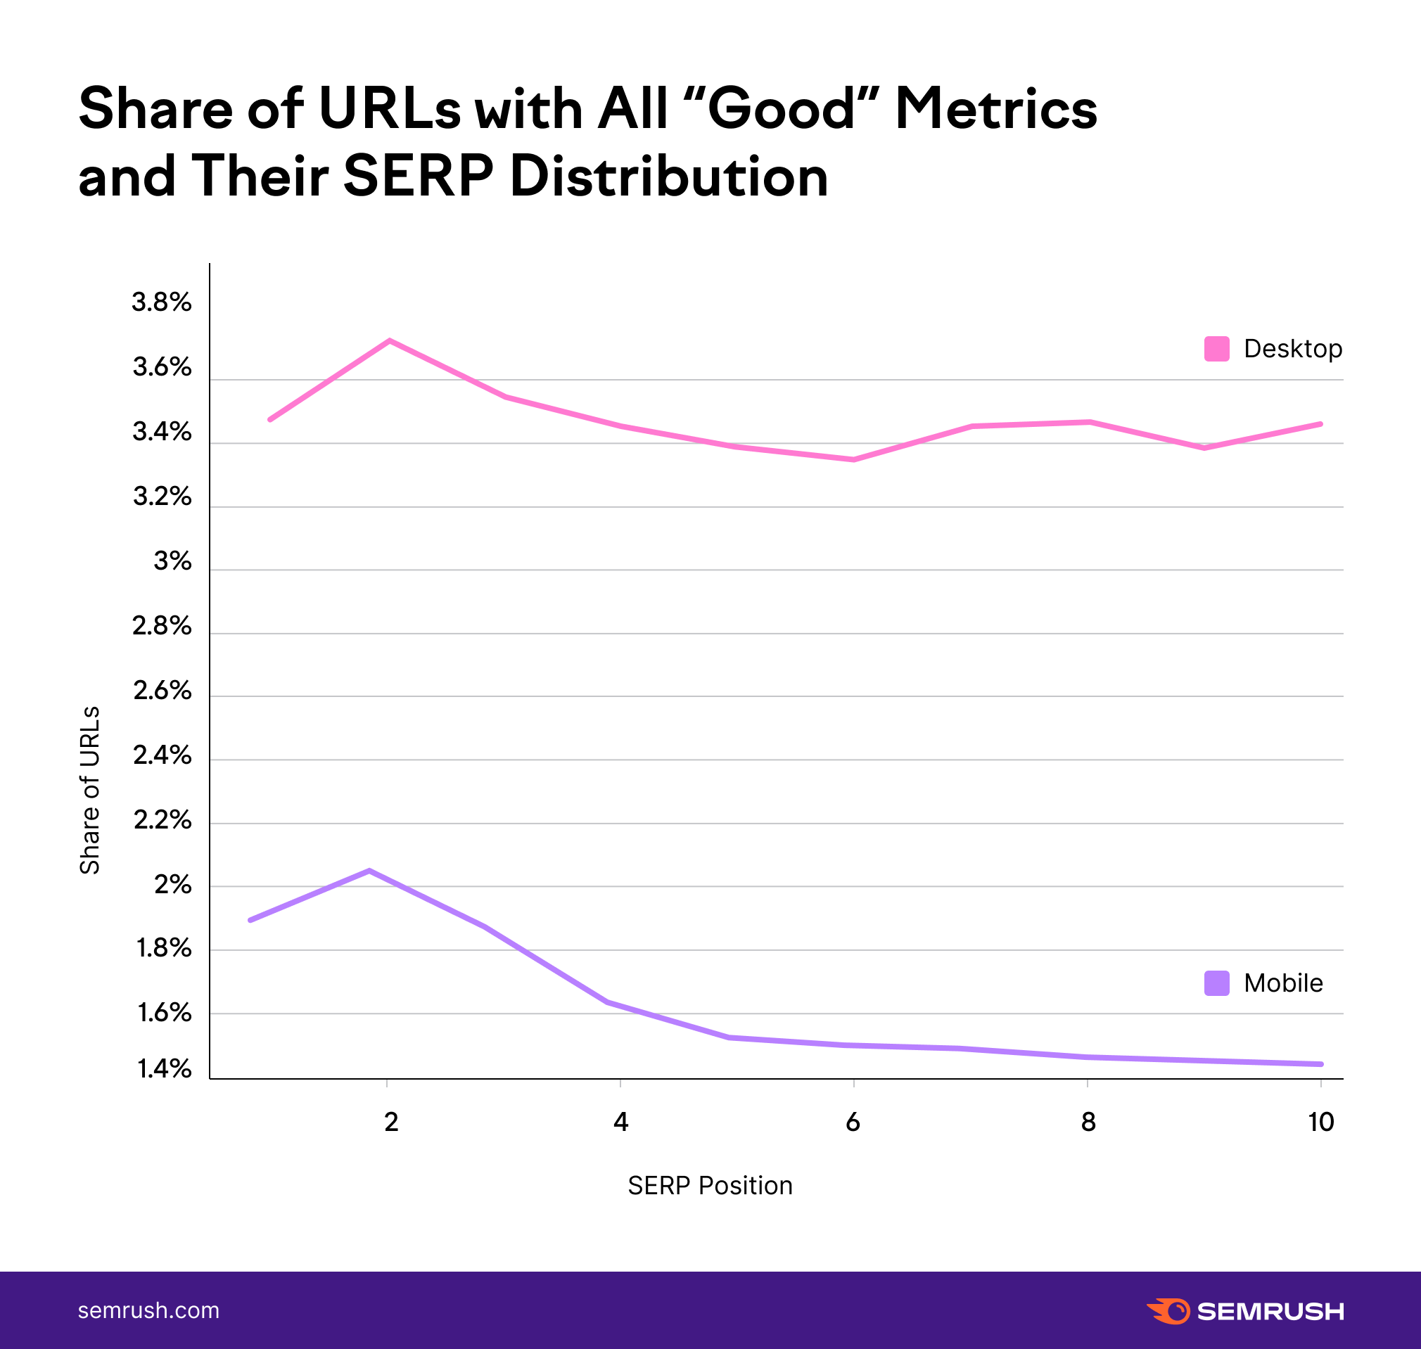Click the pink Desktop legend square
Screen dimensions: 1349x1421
tap(1216, 349)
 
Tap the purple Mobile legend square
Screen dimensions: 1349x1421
tap(1216, 983)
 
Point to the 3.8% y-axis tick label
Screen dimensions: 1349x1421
tap(162, 302)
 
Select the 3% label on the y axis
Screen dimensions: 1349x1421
tap(172, 561)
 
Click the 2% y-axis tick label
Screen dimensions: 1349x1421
tap(172, 885)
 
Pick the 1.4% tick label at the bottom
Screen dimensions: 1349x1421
tap(165, 1069)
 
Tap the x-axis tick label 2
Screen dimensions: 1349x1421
tap(391, 1122)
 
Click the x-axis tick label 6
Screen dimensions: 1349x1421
tap(853, 1122)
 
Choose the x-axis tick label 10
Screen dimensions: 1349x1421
tap(1320, 1122)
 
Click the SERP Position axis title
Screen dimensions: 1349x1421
tap(710, 1185)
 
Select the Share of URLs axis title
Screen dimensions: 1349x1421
tap(90, 790)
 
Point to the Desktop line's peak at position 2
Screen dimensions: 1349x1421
tap(389, 340)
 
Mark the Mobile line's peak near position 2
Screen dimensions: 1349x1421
tap(369, 871)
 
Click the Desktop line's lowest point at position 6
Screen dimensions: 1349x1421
tap(853, 459)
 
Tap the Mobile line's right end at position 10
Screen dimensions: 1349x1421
tap(1320, 1063)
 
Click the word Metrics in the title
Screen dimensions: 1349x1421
tap(995, 109)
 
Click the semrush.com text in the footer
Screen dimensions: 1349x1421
tap(149, 1310)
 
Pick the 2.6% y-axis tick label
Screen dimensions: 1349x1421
tap(163, 691)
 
